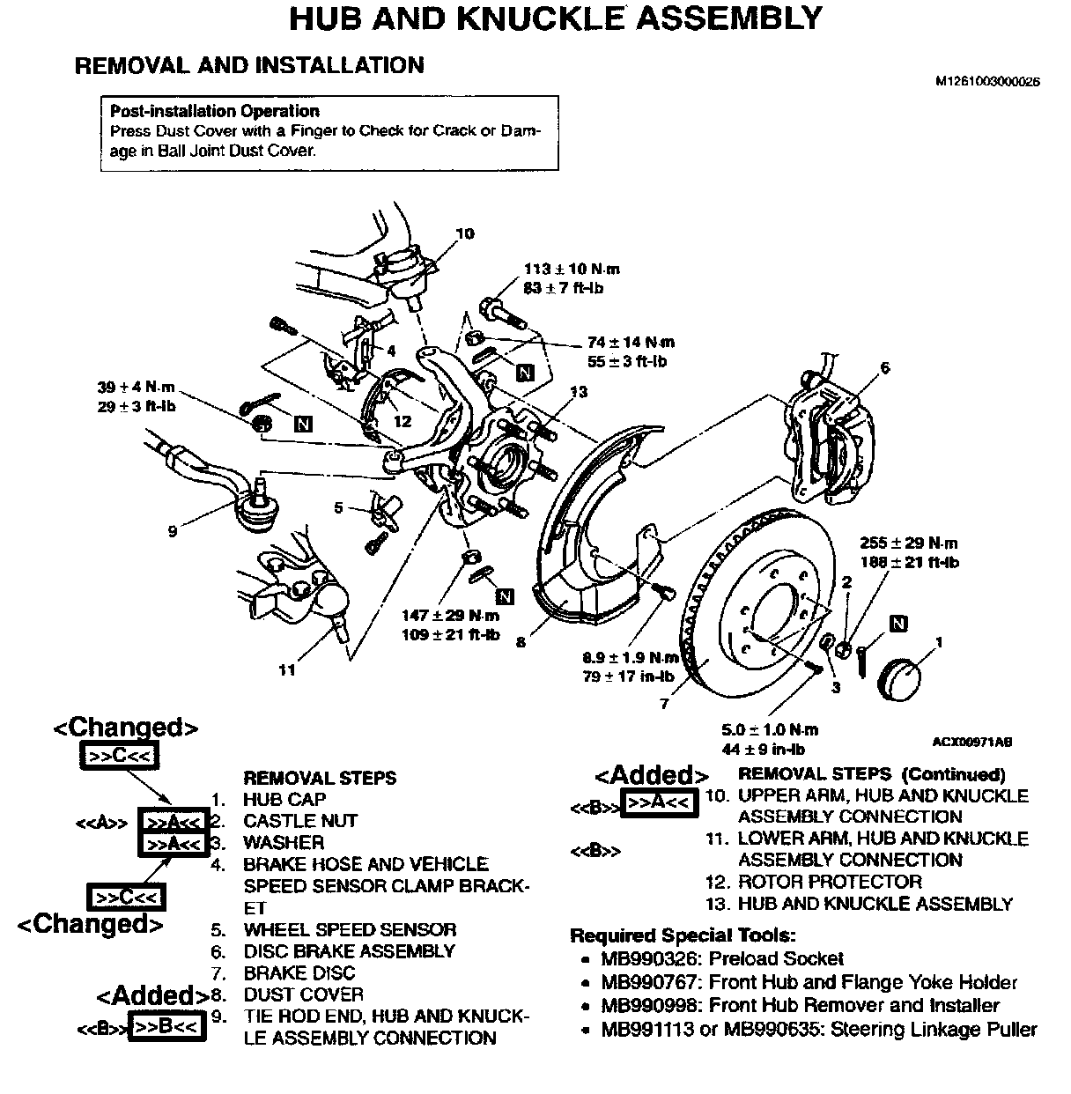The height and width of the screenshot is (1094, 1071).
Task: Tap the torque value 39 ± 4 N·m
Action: point(137,388)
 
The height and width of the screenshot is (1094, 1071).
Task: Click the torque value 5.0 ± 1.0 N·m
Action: point(769,730)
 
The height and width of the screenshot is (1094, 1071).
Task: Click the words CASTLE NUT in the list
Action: point(300,821)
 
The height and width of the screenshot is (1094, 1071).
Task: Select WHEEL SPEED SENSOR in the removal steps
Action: point(350,930)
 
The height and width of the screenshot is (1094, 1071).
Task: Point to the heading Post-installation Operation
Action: point(214,111)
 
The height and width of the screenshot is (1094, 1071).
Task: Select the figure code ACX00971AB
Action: point(971,742)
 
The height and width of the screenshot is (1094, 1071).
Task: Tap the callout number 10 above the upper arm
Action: point(464,233)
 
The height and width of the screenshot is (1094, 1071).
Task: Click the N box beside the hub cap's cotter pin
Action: point(898,625)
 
